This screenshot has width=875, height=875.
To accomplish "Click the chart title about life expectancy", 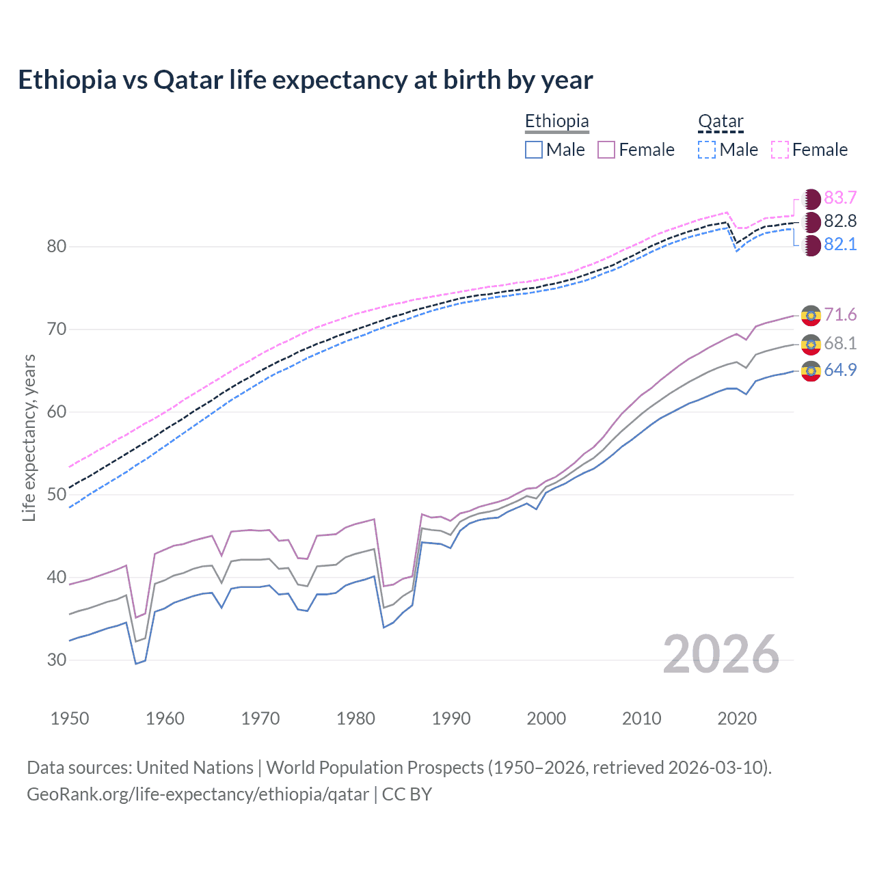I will click(305, 80).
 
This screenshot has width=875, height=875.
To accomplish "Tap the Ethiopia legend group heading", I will click(556, 122).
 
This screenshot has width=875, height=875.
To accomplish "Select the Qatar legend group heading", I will click(721, 122).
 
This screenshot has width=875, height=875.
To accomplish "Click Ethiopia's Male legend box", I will click(534, 150).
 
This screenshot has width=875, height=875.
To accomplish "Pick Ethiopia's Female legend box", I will click(607, 150).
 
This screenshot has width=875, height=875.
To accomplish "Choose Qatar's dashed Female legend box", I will click(780, 150).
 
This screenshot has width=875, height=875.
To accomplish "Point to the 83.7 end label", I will click(840, 198).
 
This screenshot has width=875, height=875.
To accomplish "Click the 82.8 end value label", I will click(840, 221).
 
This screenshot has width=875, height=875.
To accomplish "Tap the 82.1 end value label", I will click(840, 245).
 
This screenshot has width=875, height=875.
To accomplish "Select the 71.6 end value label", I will click(840, 315).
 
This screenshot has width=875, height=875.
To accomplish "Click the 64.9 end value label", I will click(840, 371).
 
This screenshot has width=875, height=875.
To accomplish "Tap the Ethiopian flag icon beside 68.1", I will click(811, 344).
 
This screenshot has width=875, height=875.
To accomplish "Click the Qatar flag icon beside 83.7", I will click(811, 199).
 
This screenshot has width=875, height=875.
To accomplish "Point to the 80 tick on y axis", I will click(56, 247).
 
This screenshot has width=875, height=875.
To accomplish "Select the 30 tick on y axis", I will click(56, 660).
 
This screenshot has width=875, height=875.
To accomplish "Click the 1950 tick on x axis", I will click(70, 718).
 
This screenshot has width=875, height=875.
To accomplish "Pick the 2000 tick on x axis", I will click(546, 718).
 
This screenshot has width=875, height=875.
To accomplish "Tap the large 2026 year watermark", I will click(721, 655).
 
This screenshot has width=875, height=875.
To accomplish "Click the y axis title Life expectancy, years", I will click(29, 438).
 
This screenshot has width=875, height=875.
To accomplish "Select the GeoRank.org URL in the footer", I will click(198, 794).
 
